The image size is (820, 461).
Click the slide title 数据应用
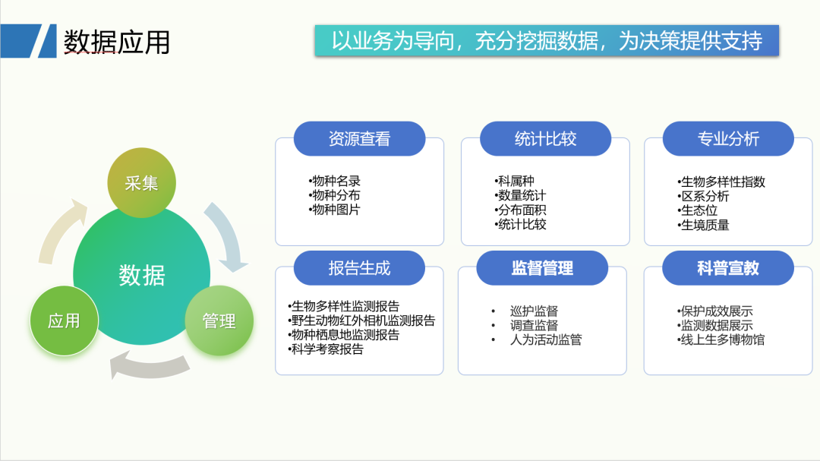pyautogui.click(x=117, y=42)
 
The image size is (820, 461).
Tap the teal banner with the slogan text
pyautogui.click(x=547, y=40)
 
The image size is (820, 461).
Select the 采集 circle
pyautogui.click(x=141, y=182)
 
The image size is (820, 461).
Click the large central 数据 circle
pyautogui.click(x=142, y=275)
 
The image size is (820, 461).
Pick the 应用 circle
pyautogui.click(x=64, y=320)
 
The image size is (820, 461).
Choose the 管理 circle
pyautogui.click(x=219, y=320)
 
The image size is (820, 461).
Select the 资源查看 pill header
pyautogui.click(x=359, y=139)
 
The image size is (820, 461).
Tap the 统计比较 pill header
pyautogui.click(x=545, y=139)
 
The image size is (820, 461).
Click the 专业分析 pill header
pyautogui.click(x=728, y=139)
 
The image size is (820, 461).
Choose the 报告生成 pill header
pyautogui.click(x=359, y=268)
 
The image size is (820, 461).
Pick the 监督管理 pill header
pyautogui.click(x=542, y=268)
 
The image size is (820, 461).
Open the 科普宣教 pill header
pyautogui.click(x=728, y=268)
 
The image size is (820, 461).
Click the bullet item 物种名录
pyautogui.click(x=335, y=181)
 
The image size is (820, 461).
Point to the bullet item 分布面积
pyautogui.click(x=520, y=210)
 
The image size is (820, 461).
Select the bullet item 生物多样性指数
pyautogui.click(x=721, y=182)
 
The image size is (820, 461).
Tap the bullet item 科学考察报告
pyautogui.click(x=325, y=349)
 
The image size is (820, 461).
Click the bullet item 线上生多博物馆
pyautogui.click(x=721, y=339)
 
